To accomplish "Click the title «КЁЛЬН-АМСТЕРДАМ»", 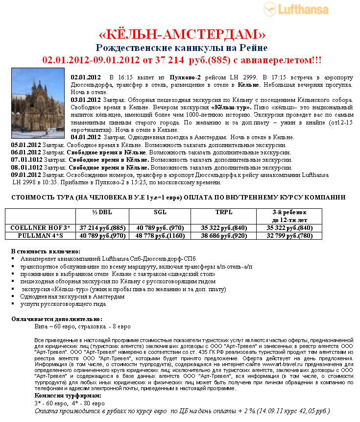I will (182, 34).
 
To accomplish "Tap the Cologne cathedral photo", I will (38, 103).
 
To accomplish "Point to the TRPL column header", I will (224, 212).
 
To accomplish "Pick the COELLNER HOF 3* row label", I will (40, 228).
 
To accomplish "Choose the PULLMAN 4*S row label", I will (40, 236).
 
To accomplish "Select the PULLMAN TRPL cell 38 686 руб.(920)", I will (224, 236).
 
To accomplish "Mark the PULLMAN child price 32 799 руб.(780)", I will (289, 236).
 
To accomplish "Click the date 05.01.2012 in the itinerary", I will (26, 145).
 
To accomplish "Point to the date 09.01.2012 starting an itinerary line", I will (26, 174).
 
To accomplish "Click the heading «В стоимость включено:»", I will (44, 251).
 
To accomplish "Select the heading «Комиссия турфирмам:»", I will (68, 396).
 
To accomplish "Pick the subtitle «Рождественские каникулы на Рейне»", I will (181, 48).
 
